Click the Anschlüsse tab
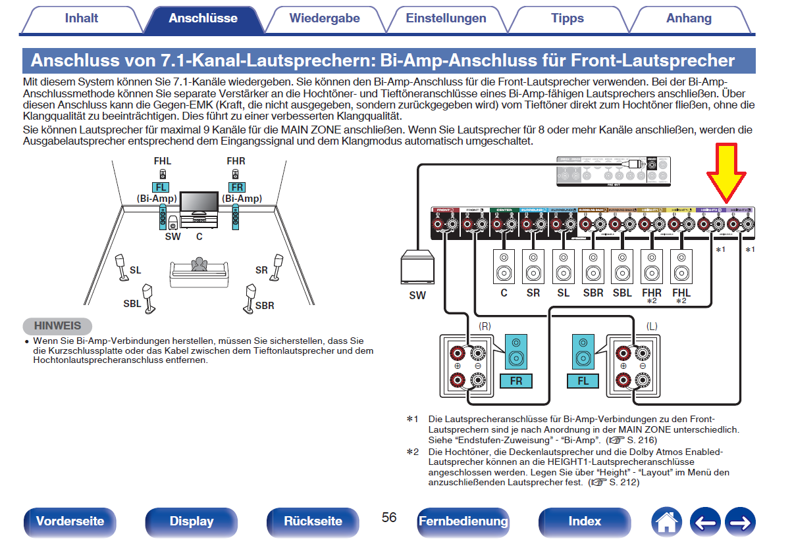tap(203, 18)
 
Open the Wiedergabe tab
tap(325, 18)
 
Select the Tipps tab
tap(568, 18)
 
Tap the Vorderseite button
tap(70, 521)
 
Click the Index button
tap(585, 521)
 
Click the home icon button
tap(666, 522)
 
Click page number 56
tap(389, 517)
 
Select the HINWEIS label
tap(57, 325)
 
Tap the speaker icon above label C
tap(504, 266)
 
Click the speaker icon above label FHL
tap(681, 266)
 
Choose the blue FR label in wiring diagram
tap(516, 381)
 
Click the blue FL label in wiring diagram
tap(583, 381)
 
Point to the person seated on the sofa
tap(198, 263)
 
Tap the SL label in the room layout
tap(136, 270)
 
